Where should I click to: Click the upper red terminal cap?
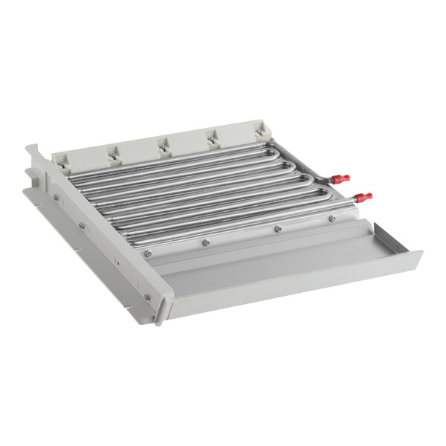coord(340,179)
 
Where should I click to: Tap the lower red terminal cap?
coord(363,197)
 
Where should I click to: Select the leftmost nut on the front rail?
coord(148,253)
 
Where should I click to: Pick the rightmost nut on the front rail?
coord(332,219)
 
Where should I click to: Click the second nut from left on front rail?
coord(206,242)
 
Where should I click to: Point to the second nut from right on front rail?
coord(277,229)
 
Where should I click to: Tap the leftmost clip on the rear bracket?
coord(60,165)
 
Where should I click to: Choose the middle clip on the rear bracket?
coord(161,147)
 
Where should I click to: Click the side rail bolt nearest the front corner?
coord(146,296)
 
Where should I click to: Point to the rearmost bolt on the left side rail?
coord(55,196)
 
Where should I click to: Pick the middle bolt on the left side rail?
coord(82,224)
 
